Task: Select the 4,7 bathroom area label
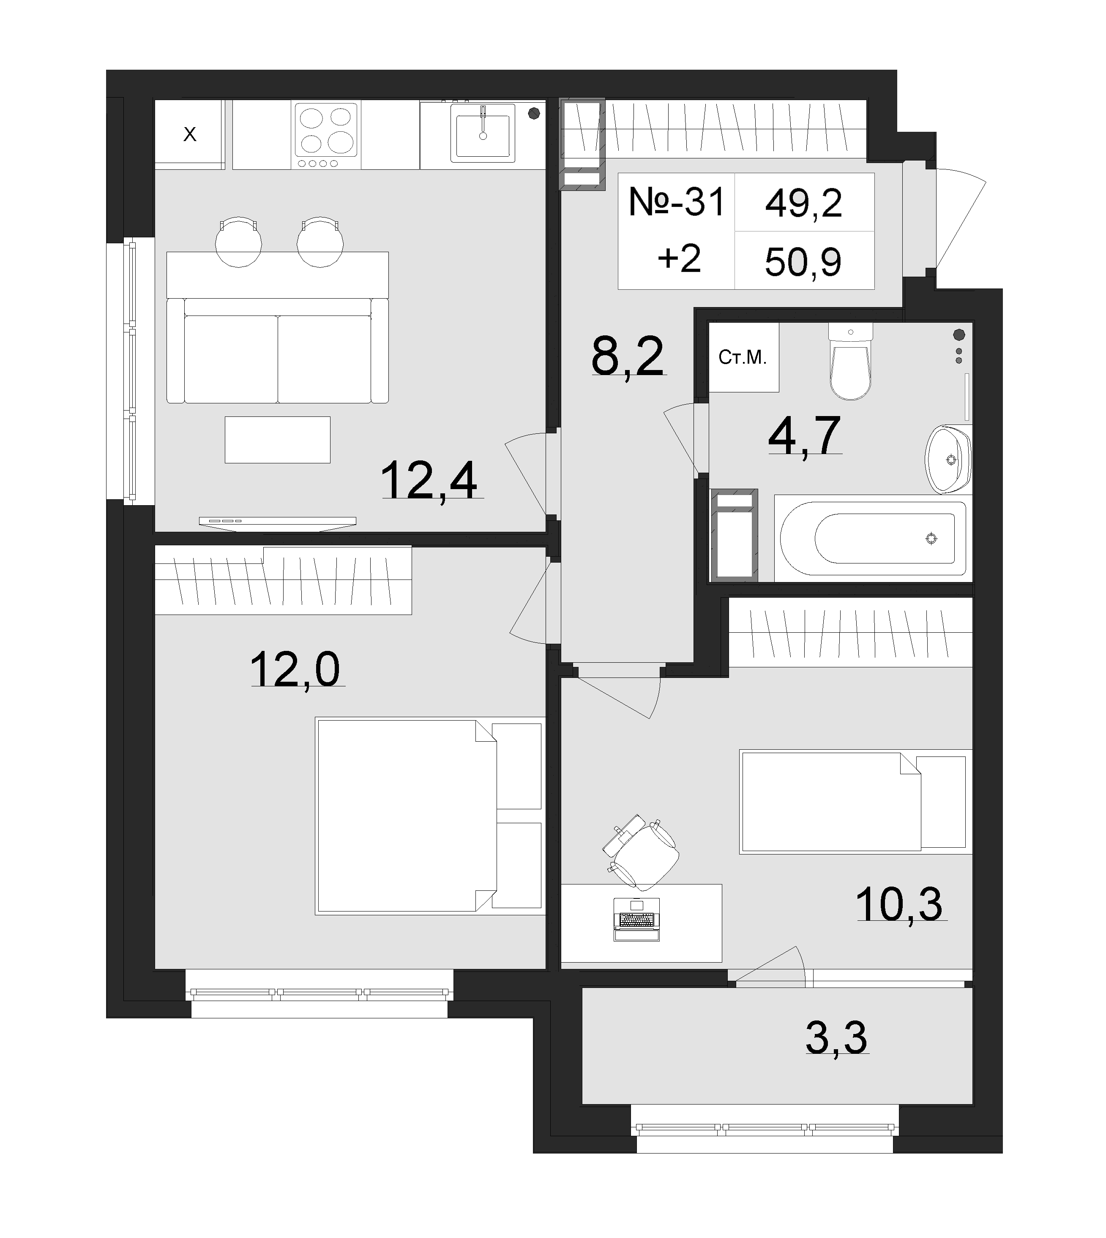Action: click(805, 435)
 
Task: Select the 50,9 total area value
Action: click(803, 262)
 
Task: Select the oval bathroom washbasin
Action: click(948, 459)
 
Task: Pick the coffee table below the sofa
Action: click(278, 439)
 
